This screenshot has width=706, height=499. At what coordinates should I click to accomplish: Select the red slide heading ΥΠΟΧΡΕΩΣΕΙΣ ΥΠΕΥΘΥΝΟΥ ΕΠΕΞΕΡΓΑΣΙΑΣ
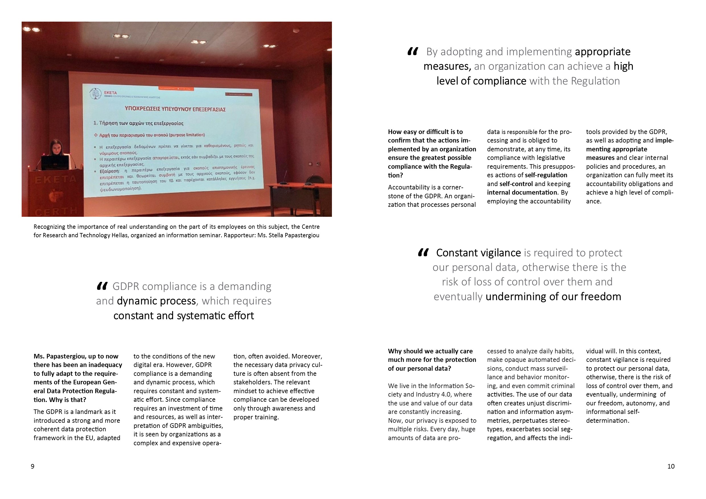coord(175,109)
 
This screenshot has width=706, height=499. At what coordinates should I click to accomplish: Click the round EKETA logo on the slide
coord(95,94)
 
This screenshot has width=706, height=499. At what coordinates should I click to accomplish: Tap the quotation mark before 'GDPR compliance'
coord(102,286)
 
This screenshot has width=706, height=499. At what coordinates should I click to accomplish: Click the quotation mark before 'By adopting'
coord(413,51)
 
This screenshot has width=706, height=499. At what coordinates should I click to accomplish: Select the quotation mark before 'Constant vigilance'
coord(423,253)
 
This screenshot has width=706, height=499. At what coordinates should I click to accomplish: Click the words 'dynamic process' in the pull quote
coord(156,301)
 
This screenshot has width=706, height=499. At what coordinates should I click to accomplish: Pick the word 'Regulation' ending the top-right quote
coord(595,81)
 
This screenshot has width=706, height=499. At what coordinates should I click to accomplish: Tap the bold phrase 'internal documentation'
coord(522,193)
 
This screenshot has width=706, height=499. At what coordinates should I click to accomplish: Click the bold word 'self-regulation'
coord(546,175)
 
